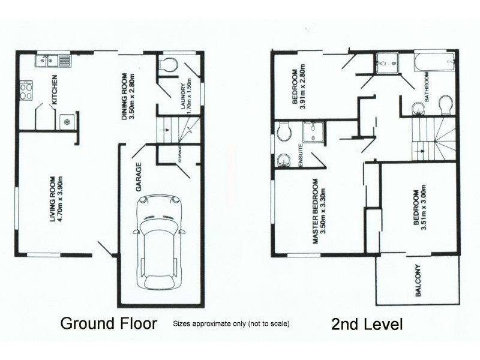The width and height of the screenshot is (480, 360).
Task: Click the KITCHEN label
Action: click(x=54, y=90)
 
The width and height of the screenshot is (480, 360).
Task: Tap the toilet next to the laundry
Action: click(x=169, y=65)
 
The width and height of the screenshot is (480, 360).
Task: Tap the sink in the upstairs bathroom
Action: click(x=418, y=107)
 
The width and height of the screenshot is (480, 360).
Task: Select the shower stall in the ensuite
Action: click(x=312, y=133)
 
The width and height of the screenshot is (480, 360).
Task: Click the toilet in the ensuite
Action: click(x=283, y=130)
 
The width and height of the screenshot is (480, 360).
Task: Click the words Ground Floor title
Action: click(x=109, y=324)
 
